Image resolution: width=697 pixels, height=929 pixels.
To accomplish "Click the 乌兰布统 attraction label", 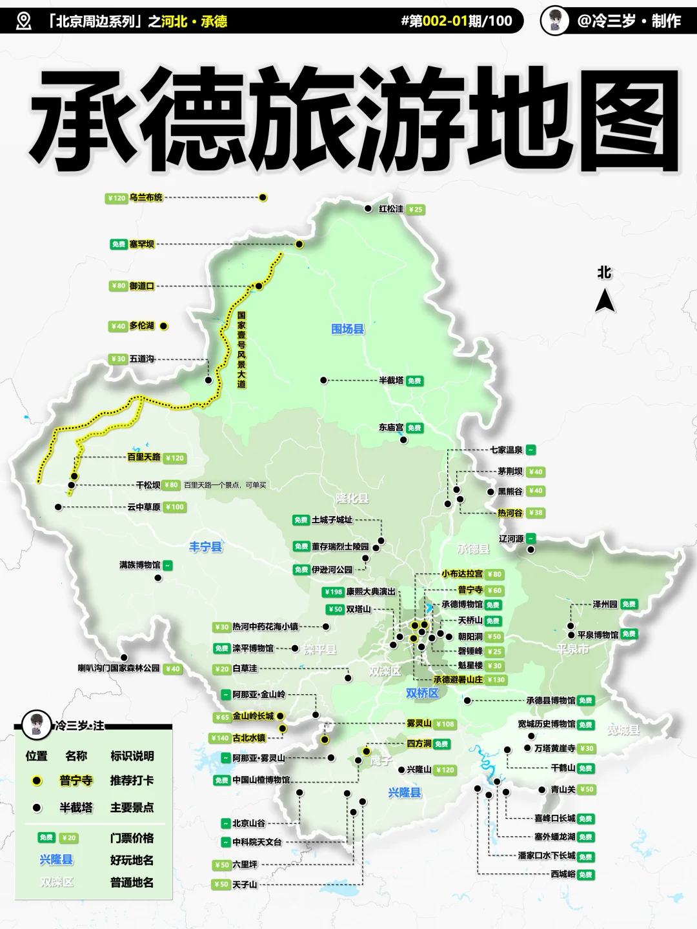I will click(146, 198).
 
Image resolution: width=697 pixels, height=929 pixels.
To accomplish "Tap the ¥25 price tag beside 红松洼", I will click(416, 209).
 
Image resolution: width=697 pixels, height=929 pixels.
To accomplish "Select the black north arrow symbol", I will click(605, 301).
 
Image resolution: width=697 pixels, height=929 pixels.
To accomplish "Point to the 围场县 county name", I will click(348, 329).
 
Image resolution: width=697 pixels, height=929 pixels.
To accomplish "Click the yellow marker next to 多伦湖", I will click(163, 326).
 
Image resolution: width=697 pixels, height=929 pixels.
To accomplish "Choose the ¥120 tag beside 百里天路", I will click(174, 458).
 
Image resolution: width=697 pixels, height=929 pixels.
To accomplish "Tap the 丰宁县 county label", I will click(206, 547).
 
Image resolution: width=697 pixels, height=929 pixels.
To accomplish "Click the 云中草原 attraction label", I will click(143, 507).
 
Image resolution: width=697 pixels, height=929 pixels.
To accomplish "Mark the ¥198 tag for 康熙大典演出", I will click(333, 592).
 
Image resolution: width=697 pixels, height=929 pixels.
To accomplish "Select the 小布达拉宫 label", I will click(462, 574).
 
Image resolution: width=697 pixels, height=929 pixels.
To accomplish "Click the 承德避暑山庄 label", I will click(458, 679).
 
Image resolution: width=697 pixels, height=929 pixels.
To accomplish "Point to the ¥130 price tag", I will click(496, 679).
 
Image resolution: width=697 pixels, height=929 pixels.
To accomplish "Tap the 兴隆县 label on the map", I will click(405, 792).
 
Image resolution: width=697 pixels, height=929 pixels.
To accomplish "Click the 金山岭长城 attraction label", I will click(253, 716).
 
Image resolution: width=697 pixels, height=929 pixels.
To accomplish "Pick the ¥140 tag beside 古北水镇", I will click(220, 738).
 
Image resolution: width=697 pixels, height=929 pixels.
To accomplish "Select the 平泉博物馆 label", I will click(598, 635).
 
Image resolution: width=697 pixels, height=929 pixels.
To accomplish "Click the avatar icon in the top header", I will click(554, 21).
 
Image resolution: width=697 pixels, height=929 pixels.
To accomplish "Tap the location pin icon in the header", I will click(24, 21).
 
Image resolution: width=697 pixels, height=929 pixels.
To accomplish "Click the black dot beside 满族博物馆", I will click(159, 578).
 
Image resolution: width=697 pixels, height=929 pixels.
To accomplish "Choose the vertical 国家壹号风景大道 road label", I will click(241, 350).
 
